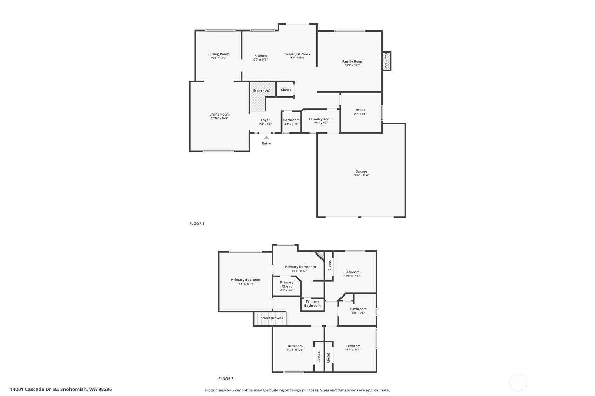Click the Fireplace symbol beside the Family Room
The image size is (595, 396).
(386, 61)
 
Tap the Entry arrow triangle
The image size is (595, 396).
(266, 137)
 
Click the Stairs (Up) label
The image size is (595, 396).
(262, 90)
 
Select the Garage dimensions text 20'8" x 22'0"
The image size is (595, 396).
(361, 175)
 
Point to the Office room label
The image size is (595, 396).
(360, 110)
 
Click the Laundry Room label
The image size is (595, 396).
(320, 119)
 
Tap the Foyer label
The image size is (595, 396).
(265, 120)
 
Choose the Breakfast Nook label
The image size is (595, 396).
(297, 54)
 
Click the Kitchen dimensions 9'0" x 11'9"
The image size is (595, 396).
(261, 60)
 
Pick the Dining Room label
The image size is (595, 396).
(218, 54)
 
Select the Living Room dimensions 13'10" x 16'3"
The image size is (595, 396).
(219, 118)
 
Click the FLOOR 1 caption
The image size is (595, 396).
(197, 224)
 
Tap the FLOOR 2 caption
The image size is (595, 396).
(226, 379)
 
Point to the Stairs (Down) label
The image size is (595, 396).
(271, 318)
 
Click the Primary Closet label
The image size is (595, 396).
(286, 284)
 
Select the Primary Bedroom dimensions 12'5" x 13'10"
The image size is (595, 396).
(246, 284)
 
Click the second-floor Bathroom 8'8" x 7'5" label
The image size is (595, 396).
(358, 309)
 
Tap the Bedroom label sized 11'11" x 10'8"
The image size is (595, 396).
(295, 346)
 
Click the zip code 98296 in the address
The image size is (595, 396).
(105, 389)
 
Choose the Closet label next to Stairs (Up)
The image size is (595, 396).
(286, 90)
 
